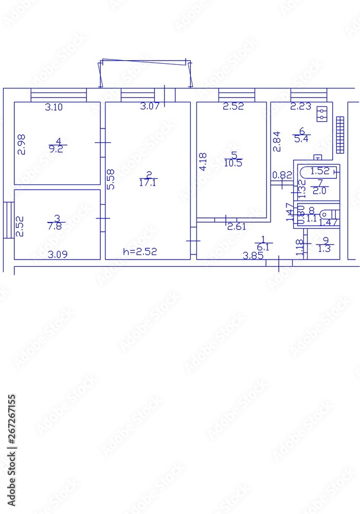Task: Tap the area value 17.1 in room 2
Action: click(148, 182)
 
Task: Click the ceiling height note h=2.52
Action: click(140, 251)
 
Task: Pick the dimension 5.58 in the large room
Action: click(111, 180)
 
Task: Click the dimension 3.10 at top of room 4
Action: click(53, 107)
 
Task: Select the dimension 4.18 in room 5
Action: click(203, 162)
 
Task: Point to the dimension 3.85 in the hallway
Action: click(253, 255)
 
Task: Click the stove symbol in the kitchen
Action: click(322, 113)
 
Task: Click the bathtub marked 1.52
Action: click(319, 171)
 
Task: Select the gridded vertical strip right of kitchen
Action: click(339, 135)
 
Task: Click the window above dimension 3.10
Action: click(58, 95)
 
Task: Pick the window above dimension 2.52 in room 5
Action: click(237, 95)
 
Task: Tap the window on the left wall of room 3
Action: click(8, 220)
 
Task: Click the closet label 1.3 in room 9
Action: click(325, 249)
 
